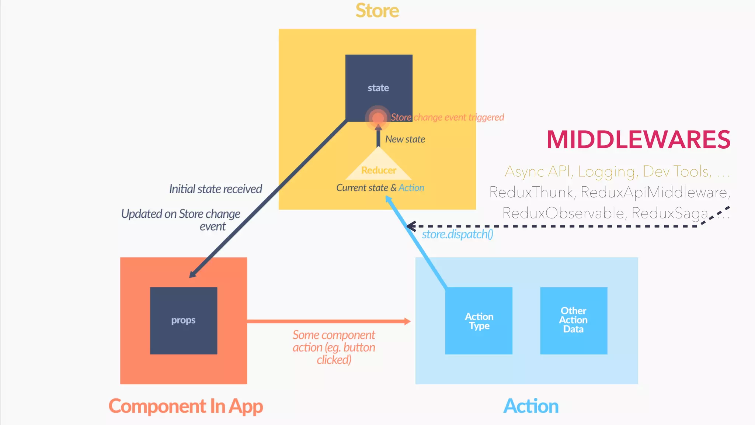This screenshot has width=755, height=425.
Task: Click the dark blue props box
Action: pos(183,320)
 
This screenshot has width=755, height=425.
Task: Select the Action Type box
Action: pos(479,321)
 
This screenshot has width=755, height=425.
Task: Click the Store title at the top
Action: pos(377,11)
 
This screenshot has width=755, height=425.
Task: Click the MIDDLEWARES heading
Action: pos(638,140)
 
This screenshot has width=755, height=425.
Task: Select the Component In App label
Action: pos(185,406)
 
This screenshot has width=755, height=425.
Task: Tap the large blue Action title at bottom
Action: pos(531,406)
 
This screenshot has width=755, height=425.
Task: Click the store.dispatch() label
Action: pos(457,234)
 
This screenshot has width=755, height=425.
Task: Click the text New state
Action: pos(405,139)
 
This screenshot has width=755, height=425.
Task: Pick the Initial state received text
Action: pos(215,189)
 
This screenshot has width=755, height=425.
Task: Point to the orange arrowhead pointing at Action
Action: pos(407,321)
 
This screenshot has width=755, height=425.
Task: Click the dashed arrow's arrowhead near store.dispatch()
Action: pos(410,226)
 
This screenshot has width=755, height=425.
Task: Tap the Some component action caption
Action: pos(334,347)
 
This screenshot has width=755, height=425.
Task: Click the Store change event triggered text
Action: pos(447,117)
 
